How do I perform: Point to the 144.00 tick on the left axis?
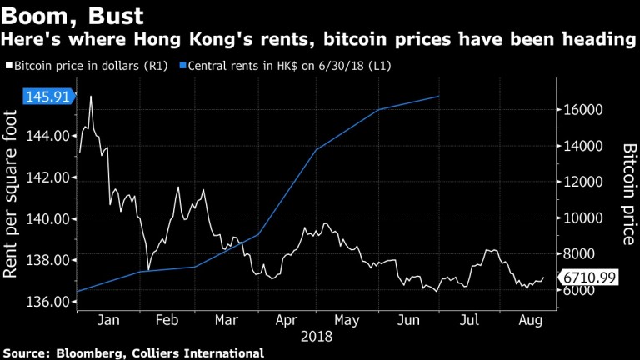click(52, 136)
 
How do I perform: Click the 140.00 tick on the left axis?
click(52, 218)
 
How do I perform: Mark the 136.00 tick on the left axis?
click(52, 301)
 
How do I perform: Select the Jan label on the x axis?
click(106, 320)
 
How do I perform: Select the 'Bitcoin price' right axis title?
click(630, 193)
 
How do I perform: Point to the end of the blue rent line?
click(439, 97)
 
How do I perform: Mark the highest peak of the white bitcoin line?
click(90, 97)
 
